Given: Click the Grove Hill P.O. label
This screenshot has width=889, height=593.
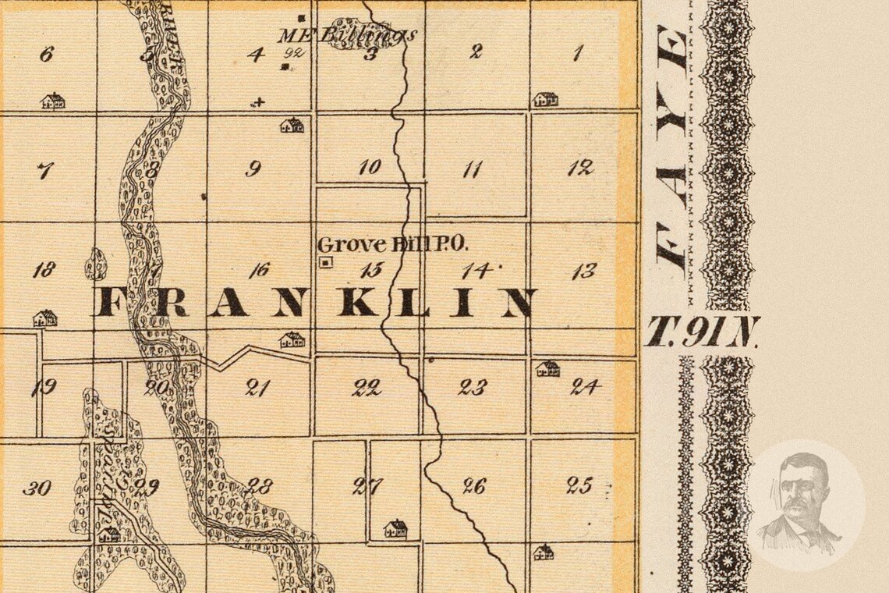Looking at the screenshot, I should [393, 244].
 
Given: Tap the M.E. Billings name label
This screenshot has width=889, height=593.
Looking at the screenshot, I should [349, 34].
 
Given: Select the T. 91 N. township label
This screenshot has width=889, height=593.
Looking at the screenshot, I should [702, 332].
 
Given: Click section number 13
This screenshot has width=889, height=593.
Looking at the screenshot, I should [583, 271].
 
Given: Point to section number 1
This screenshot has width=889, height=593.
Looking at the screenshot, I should [578, 54].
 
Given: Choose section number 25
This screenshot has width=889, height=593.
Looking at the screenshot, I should [579, 485].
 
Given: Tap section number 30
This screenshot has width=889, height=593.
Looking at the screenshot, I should [37, 488].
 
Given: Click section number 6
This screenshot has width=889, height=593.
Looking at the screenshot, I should [46, 54].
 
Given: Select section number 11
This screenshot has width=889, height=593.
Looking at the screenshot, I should [472, 169].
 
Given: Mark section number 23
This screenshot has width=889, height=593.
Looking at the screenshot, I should [473, 387].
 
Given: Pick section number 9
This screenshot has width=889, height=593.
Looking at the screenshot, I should [253, 169].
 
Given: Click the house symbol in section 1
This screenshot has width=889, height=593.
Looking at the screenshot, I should [545, 99].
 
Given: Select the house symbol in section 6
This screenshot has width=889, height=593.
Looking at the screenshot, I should [53, 101].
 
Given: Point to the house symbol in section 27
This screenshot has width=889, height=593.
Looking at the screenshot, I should [395, 529].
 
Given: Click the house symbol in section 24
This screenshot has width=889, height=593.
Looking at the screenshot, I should [547, 368].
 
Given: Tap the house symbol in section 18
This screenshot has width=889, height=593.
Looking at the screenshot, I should [45, 318].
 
